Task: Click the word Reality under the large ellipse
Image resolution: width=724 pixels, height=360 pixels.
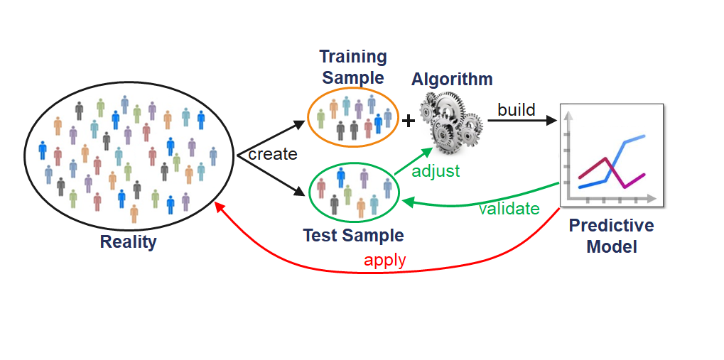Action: click(x=128, y=241)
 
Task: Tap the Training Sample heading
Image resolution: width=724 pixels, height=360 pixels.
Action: click(x=353, y=67)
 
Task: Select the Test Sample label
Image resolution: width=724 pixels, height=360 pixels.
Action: click(x=353, y=235)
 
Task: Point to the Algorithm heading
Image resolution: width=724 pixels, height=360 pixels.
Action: click(x=452, y=79)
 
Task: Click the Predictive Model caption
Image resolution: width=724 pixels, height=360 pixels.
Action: click(x=611, y=236)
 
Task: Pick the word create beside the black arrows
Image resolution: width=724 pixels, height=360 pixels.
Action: click(x=272, y=154)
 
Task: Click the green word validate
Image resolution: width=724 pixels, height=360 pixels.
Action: click(x=509, y=208)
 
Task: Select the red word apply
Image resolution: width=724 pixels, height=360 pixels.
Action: click(x=384, y=260)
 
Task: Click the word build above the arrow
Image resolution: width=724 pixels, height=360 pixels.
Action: click(x=517, y=110)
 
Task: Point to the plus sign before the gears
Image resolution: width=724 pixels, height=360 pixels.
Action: click(x=409, y=121)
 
